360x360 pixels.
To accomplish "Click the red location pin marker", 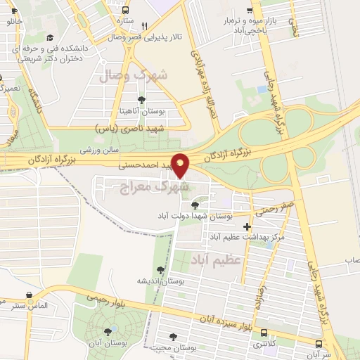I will click(181, 165).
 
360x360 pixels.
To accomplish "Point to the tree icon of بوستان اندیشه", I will click(161, 269).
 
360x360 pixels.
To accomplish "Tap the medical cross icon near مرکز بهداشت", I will click(246, 226).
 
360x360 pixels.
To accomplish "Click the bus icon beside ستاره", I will click(125, 11).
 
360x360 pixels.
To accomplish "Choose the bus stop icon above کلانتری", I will click(264, 332).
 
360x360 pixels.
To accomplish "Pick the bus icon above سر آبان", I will click(319, 344).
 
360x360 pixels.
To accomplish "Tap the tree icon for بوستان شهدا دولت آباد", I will click(194, 205).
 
